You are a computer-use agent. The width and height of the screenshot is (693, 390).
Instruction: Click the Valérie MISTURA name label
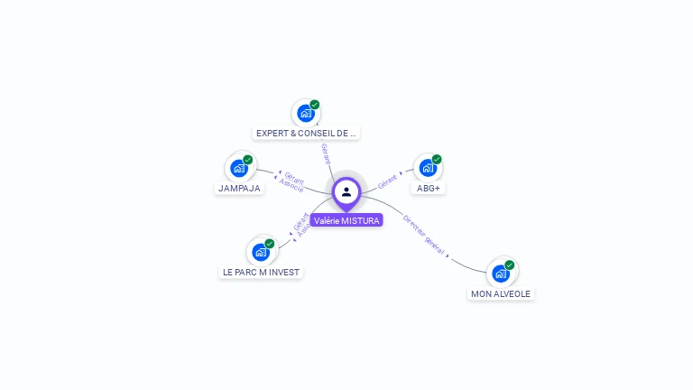(346, 220)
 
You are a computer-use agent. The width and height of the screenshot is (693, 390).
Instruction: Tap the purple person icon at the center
(346, 191)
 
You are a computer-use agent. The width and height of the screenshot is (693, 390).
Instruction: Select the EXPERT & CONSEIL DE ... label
(306, 134)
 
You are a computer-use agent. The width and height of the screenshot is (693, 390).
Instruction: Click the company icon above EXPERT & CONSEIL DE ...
(305, 114)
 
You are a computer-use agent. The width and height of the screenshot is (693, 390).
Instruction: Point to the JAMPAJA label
(239, 189)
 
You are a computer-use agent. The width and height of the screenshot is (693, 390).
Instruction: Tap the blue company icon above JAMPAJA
(239, 168)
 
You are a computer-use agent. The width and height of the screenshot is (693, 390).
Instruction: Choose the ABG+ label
(428, 189)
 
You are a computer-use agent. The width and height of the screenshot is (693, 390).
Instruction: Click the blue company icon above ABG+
(428, 168)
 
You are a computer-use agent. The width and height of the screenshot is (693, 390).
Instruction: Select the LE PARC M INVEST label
(261, 272)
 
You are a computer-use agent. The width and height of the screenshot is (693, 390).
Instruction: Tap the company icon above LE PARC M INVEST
(261, 252)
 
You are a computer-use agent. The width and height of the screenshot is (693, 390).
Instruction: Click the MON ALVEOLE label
(501, 293)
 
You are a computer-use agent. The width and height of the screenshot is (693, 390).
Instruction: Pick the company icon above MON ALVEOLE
(501, 274)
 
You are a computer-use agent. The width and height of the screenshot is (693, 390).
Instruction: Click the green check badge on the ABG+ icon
(437, 159)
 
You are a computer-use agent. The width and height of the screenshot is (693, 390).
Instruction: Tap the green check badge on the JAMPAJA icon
(248, 159)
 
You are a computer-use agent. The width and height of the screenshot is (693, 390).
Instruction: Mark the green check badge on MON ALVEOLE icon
(510, 265)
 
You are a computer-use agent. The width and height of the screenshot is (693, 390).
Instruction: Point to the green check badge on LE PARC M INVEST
(270, 243)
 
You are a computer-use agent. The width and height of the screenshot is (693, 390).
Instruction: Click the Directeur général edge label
(424, 237)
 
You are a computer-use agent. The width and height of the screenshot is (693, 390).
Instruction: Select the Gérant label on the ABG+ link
(388, 180)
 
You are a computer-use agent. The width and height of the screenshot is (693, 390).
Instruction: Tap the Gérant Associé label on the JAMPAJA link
(292, 181)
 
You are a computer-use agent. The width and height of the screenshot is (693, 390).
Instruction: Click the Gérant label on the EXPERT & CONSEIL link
(326, 153)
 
